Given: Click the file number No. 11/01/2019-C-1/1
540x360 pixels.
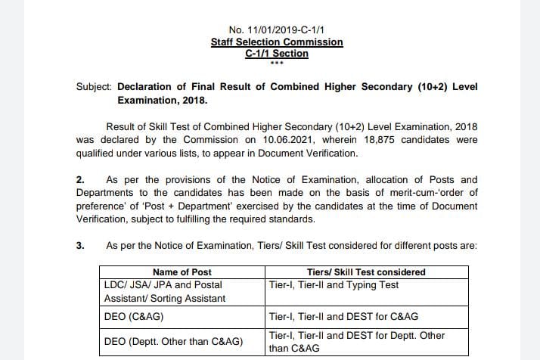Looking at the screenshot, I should click(276, 29).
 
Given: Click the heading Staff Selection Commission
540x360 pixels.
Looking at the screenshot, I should click(276, 42).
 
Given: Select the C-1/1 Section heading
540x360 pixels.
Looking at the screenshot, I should click(277, 54).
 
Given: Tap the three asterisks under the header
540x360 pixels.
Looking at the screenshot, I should click(276, 63).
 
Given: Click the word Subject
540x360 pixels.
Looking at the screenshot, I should click(94, 86).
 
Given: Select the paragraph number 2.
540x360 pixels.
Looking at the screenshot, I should click(80, 179).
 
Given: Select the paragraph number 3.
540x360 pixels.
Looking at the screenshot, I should click(80, 246).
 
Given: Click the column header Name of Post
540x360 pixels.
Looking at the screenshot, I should click(182, 272).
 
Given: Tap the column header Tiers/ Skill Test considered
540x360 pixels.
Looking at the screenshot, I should click(367, 272).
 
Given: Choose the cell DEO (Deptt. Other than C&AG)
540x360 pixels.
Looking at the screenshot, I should click(173, 341).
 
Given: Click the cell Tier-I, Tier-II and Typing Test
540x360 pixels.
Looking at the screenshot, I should click(334, 285).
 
